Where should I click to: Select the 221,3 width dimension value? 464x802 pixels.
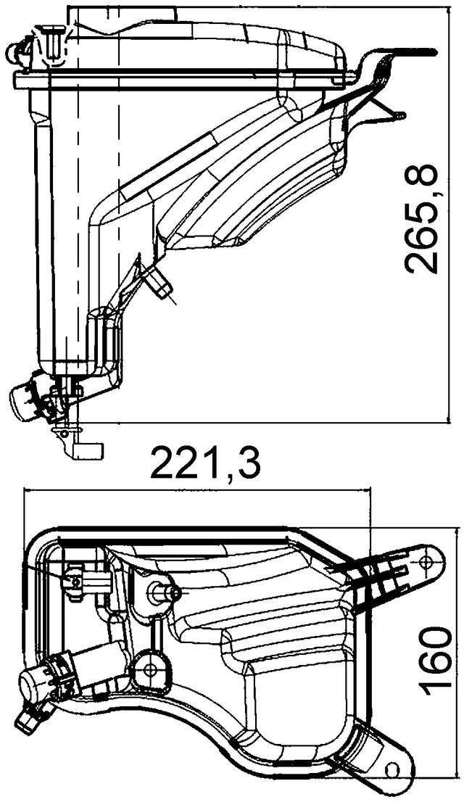tap(205, 464)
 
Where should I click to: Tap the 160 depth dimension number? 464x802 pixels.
tap(437, 661)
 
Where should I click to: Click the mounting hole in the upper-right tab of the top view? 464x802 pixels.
tap(427, 561)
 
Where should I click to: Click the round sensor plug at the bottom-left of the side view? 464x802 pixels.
tap(25, 398)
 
